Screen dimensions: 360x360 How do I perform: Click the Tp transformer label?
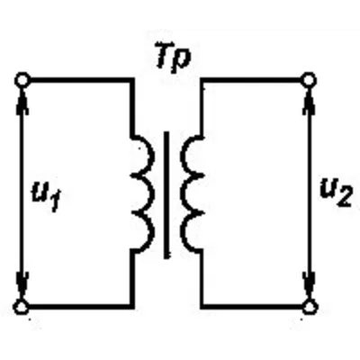(x=174, y=58)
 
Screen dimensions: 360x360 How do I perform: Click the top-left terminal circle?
(x=22, y=80)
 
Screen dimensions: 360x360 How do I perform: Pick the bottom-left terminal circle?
(x=22, y=307)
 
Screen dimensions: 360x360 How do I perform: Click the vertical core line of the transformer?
(x=166, y=194)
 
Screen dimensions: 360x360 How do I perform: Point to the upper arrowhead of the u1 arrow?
(x=22, y=101)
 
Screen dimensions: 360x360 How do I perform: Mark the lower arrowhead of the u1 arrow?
(x=22, y=286)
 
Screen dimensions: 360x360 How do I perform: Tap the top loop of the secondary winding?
(x=181, y=156)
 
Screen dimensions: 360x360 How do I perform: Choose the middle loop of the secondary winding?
(x=181, y=193)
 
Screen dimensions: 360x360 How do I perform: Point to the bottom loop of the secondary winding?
(x=181, y=231)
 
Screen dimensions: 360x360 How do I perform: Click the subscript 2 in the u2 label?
(x=344, y=198)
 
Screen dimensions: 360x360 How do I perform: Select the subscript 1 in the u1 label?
(x=57, y=202)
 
